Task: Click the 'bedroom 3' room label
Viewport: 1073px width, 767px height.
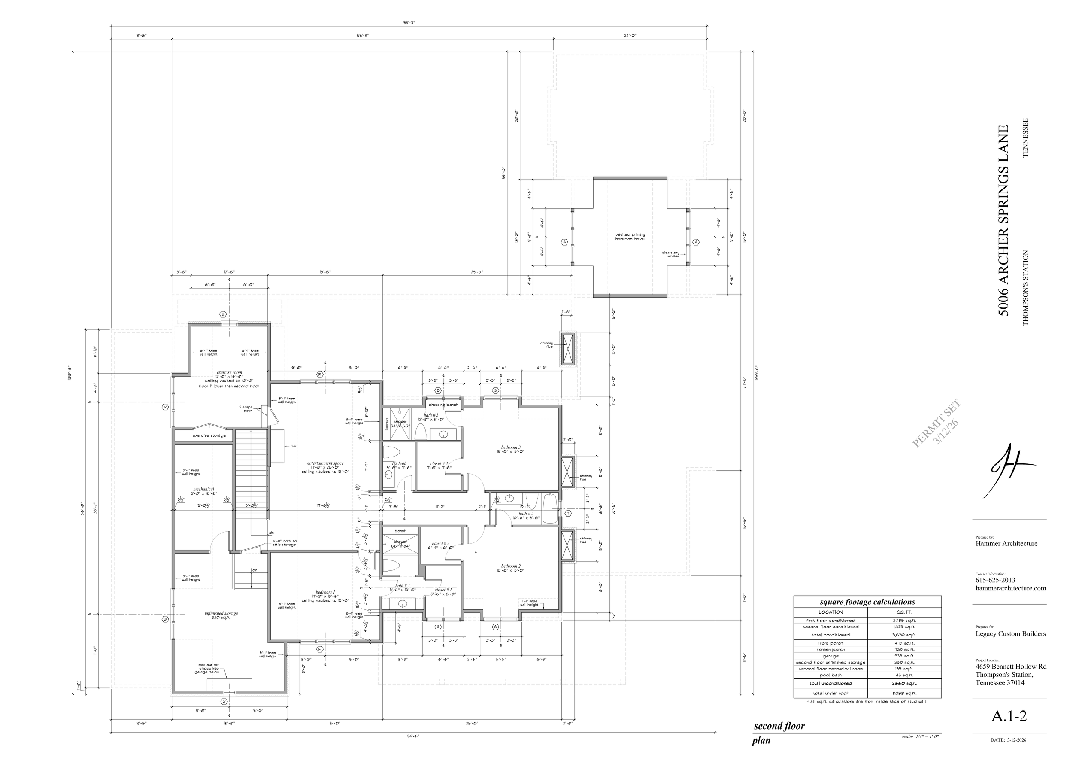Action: click(x=510, y=447)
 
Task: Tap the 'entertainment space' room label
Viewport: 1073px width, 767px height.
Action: click(x=325, y=463)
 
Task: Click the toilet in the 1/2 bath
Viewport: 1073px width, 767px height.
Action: click(x=391, y=450)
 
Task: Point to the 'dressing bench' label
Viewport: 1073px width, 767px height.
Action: click(x=443, y=405)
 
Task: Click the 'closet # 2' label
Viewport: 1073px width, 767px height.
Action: click(x=440, y=544)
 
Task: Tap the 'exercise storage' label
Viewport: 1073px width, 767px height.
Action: click(x=209, y=435)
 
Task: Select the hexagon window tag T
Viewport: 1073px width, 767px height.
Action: click(x=568, y=513)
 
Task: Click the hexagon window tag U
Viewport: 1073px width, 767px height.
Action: click(x=223, y=314)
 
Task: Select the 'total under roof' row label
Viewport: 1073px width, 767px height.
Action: click(x=831, y=693)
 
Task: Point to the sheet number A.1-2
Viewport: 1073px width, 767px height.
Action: click(x=1008, y=716)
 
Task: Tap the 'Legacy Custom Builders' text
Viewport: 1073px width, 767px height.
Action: click(x=1010, y=634)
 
